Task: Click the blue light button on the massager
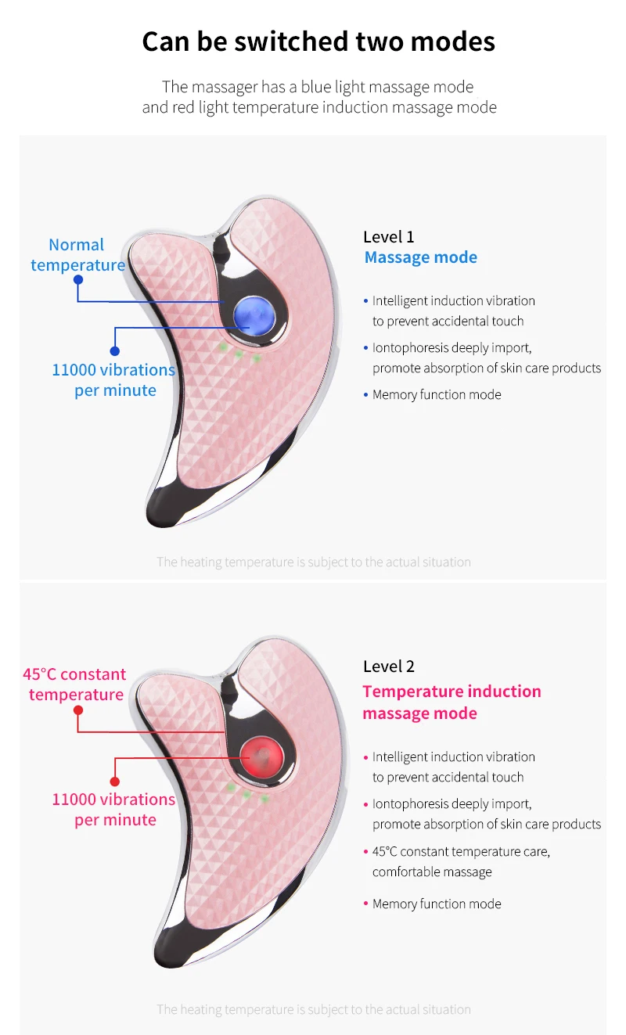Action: point(254,315)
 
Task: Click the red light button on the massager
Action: point(261,754)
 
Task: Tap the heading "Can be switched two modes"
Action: point(318,41)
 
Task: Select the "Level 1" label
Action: point(389,236)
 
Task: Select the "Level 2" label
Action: point(389,667)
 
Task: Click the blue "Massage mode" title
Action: point(420,257)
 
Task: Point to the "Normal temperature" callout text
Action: point(77,255)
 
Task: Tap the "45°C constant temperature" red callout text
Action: point(75,685)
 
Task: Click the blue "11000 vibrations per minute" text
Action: point(114,379)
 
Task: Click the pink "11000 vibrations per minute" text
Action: point(114,809)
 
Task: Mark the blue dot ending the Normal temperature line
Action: point(77,279)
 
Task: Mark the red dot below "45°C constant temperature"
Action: point(77,710)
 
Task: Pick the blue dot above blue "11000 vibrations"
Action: point(115,351)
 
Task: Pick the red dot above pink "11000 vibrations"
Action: point(115,781)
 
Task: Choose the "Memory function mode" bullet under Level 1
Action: point(437,394)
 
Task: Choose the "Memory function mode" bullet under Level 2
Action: point(437,904)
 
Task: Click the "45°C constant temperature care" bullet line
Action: point(461,851)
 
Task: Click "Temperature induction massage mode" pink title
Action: point(452,702)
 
